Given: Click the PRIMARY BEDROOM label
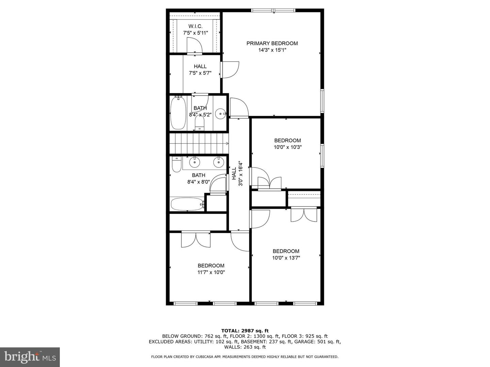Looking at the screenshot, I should (272, 43).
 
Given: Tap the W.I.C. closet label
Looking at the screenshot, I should (195, 27).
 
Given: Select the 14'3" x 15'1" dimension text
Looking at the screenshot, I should (272, 50).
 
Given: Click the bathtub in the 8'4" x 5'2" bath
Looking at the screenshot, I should (177, 113).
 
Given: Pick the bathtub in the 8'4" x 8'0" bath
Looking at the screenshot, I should (187, 205).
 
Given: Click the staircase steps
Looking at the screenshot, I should (198, 143).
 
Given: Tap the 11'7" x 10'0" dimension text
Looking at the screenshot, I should (211, 272).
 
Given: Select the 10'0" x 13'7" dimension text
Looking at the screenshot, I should (286, 258).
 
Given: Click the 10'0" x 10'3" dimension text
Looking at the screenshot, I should (288, 147).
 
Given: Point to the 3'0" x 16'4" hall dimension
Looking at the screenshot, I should (241, 173).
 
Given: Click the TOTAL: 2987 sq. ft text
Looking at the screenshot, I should (245, 331).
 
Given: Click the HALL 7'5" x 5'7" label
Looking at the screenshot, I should (200, 70).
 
